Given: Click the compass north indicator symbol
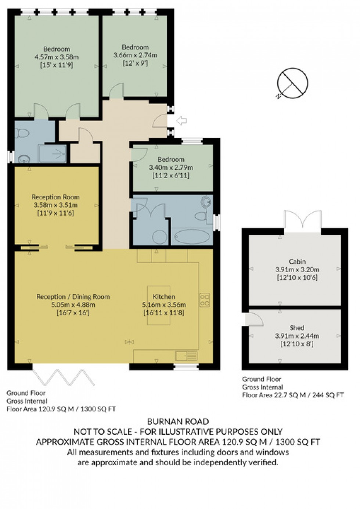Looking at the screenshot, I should [292, 83].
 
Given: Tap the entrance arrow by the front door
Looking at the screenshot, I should [181, 120].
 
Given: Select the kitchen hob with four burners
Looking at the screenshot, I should [205, 300].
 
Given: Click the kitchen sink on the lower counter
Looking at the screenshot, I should [186, 355].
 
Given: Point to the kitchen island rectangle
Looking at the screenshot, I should [159, 305].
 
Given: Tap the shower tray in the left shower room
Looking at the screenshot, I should [53, 154].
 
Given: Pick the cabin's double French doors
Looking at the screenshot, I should [302, 221].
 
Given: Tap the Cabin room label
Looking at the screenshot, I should [297, 261].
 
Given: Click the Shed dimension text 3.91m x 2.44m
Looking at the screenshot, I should [297, 336].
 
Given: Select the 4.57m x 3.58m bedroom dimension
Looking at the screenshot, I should [57, 57].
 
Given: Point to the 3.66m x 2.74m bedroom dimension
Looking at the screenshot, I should [135, 55].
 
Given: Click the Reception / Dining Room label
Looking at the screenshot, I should [73, 297].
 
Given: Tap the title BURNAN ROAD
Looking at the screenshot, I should [178, 422].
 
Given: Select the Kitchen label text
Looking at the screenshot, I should [164, 297].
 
